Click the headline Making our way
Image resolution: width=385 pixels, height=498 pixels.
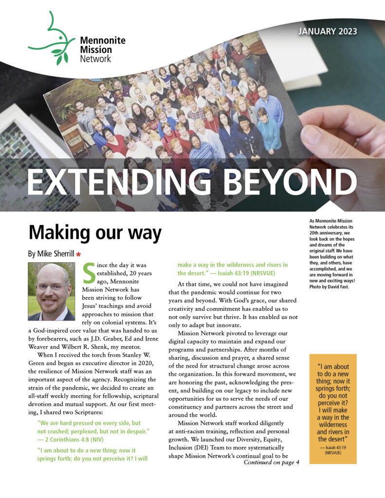(95, 233)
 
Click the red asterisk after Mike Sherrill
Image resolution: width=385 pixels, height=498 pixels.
(78, 254)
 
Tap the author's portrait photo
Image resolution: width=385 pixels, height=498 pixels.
(51, 291)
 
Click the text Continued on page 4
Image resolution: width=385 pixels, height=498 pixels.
(271, 462)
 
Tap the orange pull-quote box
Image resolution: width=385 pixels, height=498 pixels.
(333, 409)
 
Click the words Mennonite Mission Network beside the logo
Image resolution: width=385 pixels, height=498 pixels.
(95, 50)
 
